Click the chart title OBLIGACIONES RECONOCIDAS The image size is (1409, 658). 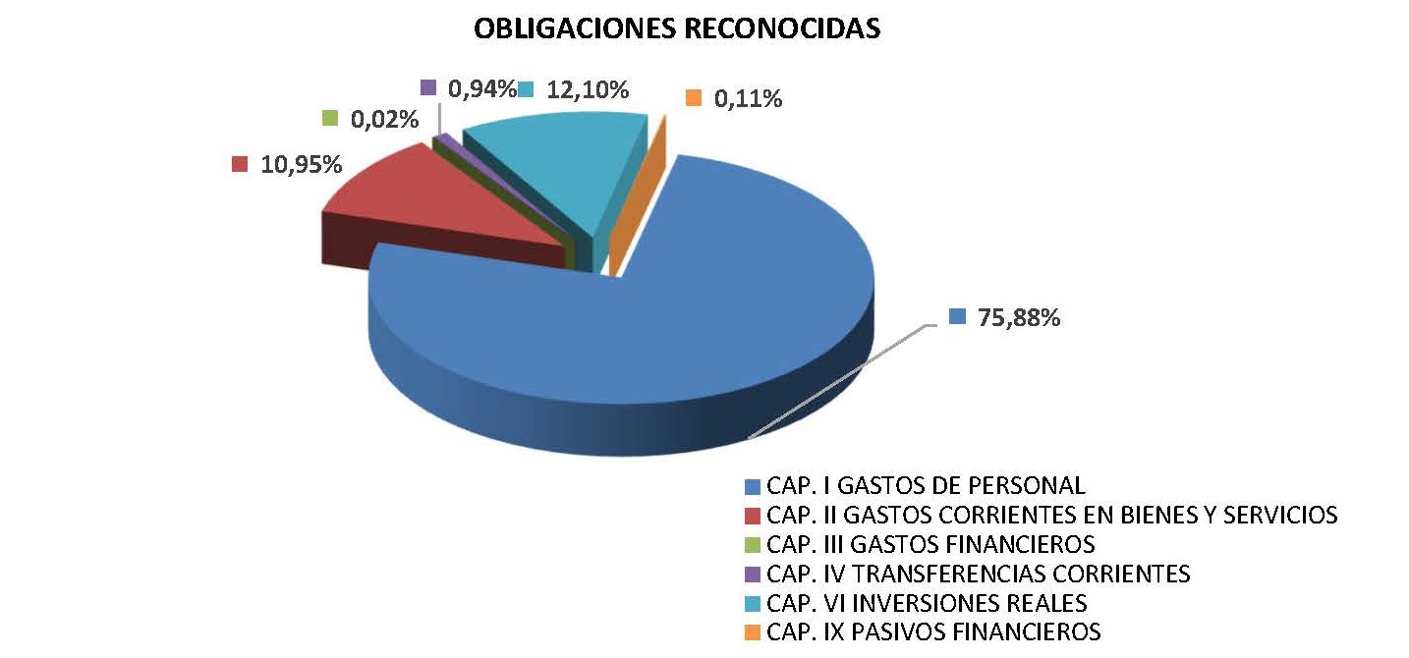(677, 29)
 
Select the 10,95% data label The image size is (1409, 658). (301, 164)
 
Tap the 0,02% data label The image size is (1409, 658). (383, 120)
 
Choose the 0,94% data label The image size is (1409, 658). (481, 89)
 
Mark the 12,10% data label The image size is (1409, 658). (586, 89)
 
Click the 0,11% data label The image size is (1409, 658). (748, 98)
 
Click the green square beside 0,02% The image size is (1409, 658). (331, 119)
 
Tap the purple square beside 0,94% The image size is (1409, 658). (428, 87)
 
